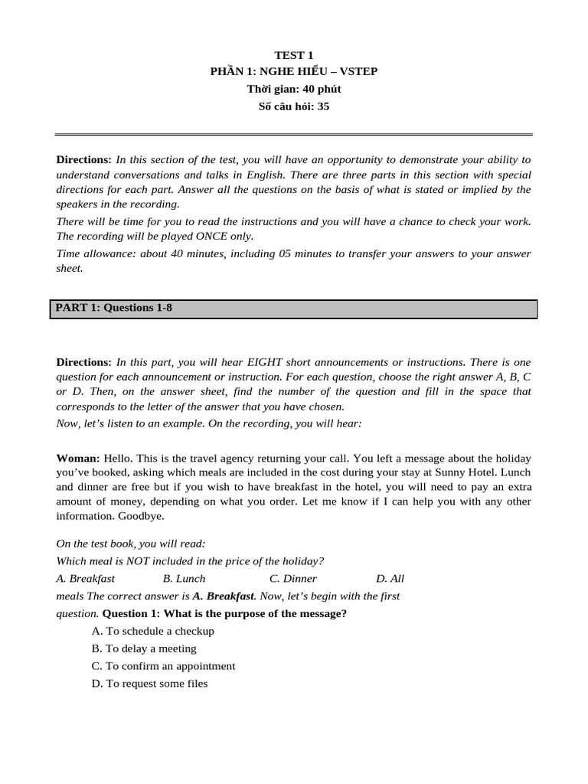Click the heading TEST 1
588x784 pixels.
point(294,54)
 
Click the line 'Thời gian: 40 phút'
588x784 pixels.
point(294,89)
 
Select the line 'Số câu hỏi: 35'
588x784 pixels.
point(294,106)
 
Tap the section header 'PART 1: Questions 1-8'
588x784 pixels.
point(114,308)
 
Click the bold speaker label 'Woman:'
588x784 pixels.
point(78,458)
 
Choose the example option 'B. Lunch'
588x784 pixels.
point(184,579)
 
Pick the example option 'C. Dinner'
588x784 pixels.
point(292,579)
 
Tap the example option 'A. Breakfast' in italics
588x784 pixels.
point(86,579)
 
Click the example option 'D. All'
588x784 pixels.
point(390,579)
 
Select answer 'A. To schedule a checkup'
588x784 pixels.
point(152,631)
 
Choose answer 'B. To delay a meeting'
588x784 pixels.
point(144,648)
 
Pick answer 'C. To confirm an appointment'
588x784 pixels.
point(163,666)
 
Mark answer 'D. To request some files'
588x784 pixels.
point(149,684)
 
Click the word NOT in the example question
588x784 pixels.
point(137,561)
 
